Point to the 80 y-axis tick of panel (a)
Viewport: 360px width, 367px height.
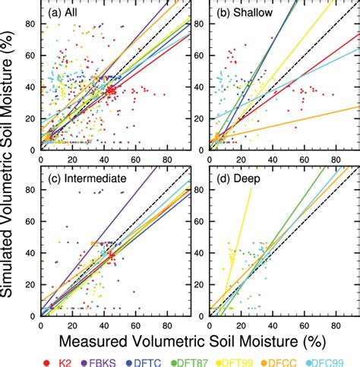coord(31,24)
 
